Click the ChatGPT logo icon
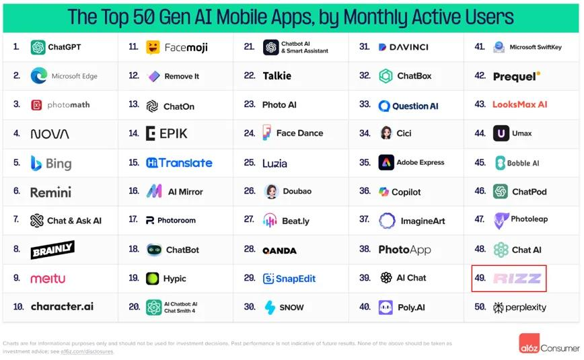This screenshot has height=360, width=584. point(38,47)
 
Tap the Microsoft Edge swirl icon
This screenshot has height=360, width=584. point(38,76)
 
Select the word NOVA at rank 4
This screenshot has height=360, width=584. point(50,134)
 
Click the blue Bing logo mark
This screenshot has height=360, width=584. point(36,163)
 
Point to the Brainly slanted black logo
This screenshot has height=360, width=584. point(52,250)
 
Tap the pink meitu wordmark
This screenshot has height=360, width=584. point(48,279)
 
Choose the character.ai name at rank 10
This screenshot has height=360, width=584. point(62,307)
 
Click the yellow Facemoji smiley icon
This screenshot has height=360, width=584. point(153,47)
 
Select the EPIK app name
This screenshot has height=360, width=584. point(173,133)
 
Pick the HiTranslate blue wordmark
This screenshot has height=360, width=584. point(179,163)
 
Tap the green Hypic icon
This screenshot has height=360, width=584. point(153,279)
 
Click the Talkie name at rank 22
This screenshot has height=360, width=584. point(277,76)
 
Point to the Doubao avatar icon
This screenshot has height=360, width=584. point(271,191)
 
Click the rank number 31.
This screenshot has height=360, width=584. point(365,47)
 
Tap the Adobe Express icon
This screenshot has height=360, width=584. point(386,162)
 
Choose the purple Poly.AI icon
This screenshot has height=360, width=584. point(386,308)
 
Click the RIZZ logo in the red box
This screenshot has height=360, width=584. point(517,279)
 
